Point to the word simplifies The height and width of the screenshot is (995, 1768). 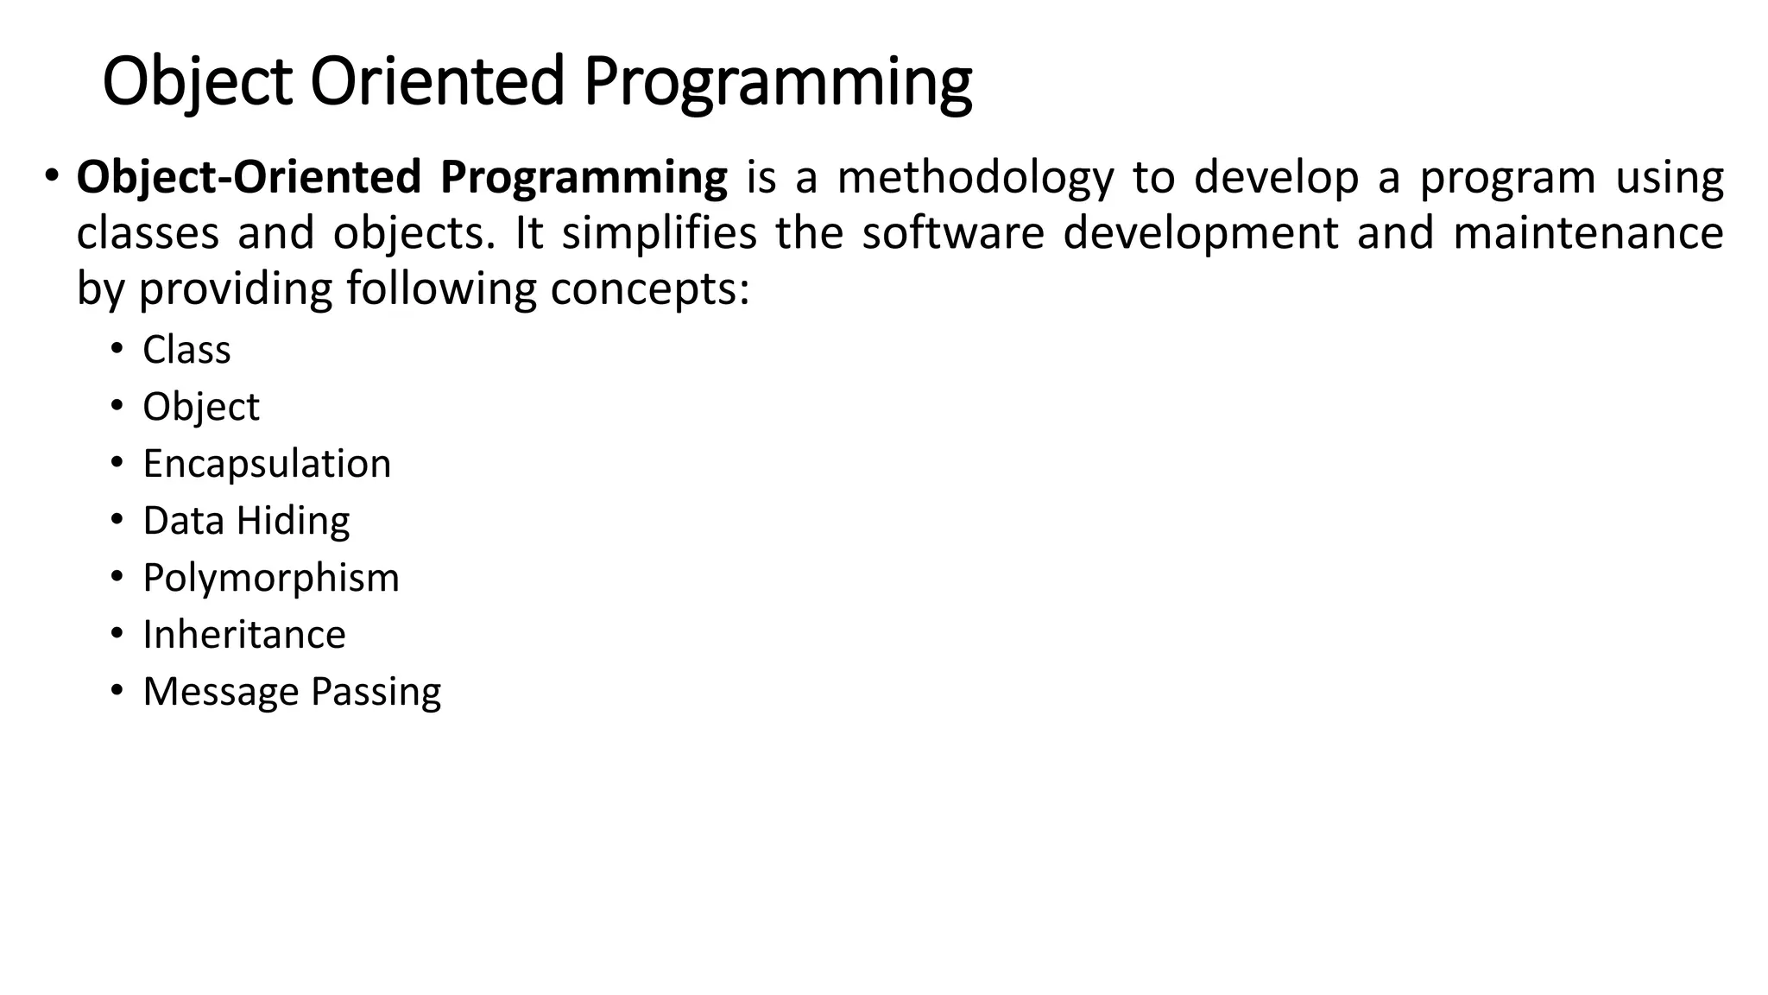[x=659, y=234]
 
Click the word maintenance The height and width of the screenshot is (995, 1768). [x=1588, y=233]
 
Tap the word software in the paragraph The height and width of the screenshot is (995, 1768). [x=953, y=233]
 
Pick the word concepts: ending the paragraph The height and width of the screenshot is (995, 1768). [x=650, y=289]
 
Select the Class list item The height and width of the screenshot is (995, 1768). [x=186, y=350]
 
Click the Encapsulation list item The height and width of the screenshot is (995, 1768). [x=267, y=464]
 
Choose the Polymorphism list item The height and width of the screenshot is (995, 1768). [x=271, y=578]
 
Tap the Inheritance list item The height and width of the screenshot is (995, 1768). [x=244, y=635]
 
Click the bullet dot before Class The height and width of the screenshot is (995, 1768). [x=116, y=349]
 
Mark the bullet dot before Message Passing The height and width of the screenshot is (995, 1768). [x=116, y=691]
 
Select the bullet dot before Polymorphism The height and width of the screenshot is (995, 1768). [x=116, y=577]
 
